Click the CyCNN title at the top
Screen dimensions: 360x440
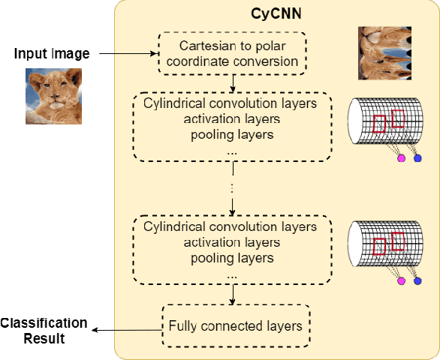coord(276,14)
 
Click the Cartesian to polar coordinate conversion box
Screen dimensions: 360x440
coord(233,53)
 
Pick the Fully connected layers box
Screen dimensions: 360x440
coord(235,325)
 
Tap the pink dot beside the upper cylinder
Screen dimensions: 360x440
coord(401,159)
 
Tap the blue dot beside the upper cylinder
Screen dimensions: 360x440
coord(417,158)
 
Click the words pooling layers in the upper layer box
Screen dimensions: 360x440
coord(233,135)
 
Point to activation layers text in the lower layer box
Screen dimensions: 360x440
coord(233,243)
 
